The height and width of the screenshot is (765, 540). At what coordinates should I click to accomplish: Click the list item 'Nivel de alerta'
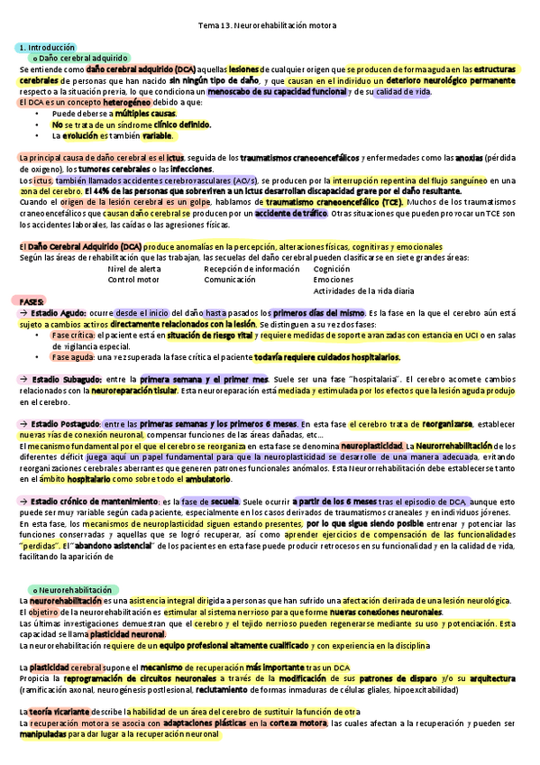[x=134, y=269]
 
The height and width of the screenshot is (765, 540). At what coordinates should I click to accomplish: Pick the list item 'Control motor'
[x=133, y=280]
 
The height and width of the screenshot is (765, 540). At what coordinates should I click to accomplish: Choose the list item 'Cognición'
[x=333, y=269]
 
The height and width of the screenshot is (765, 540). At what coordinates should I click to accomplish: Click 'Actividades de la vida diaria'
[x=364, y=290]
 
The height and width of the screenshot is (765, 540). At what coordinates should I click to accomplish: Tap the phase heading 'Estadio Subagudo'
[x=66, y=379]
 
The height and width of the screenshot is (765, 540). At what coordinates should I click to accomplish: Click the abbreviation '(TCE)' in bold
[x=389, y=202]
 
